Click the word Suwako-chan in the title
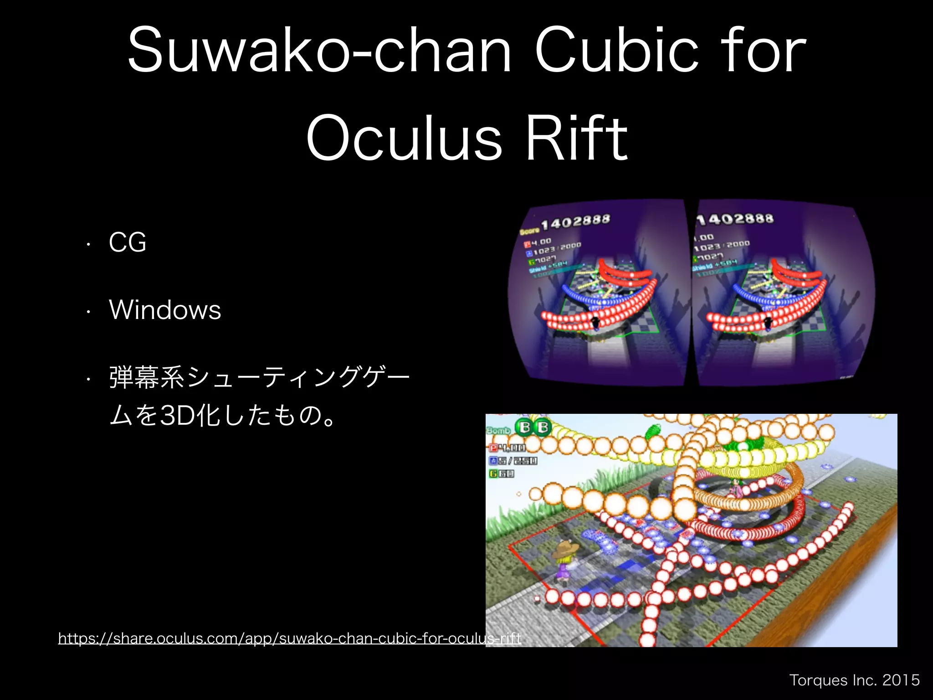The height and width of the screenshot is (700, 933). point(319,50)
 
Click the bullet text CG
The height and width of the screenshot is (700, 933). point(128,242)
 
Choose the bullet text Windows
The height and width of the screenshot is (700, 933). point(165,310)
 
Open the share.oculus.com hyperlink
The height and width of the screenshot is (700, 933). point(289,638)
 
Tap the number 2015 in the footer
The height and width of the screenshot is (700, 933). point(901,680)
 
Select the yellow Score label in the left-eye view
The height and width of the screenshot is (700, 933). point(529,231)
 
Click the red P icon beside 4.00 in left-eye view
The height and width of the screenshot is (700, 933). point(528,244)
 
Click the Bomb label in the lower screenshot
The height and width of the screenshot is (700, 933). point(498,431)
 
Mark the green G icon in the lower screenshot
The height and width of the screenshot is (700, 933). point(493,474)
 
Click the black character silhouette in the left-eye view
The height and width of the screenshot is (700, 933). point(595,322)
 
